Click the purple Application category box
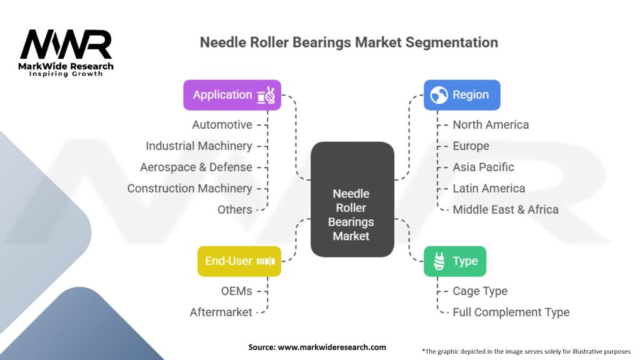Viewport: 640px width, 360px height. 232,95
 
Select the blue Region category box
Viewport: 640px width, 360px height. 462,95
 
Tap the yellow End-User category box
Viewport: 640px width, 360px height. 239,261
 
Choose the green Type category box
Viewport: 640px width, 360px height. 455,261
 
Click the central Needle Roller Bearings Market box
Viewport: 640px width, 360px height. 352,199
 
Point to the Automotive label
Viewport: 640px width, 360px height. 222,125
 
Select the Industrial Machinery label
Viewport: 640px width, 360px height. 199,146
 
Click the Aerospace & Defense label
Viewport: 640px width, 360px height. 196,167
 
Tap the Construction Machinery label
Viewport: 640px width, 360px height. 190,189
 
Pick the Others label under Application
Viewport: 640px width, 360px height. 235,210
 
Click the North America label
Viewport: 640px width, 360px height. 491,125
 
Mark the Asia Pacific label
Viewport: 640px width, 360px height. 483,167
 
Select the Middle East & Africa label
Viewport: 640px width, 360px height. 505,210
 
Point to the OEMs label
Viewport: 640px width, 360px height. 237,291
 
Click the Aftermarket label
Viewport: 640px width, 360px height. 221,312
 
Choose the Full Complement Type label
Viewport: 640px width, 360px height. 511,312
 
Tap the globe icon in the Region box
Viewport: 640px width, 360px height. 439,95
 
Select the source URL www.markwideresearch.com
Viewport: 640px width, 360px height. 332,347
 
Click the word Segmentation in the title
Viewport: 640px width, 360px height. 451,42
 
